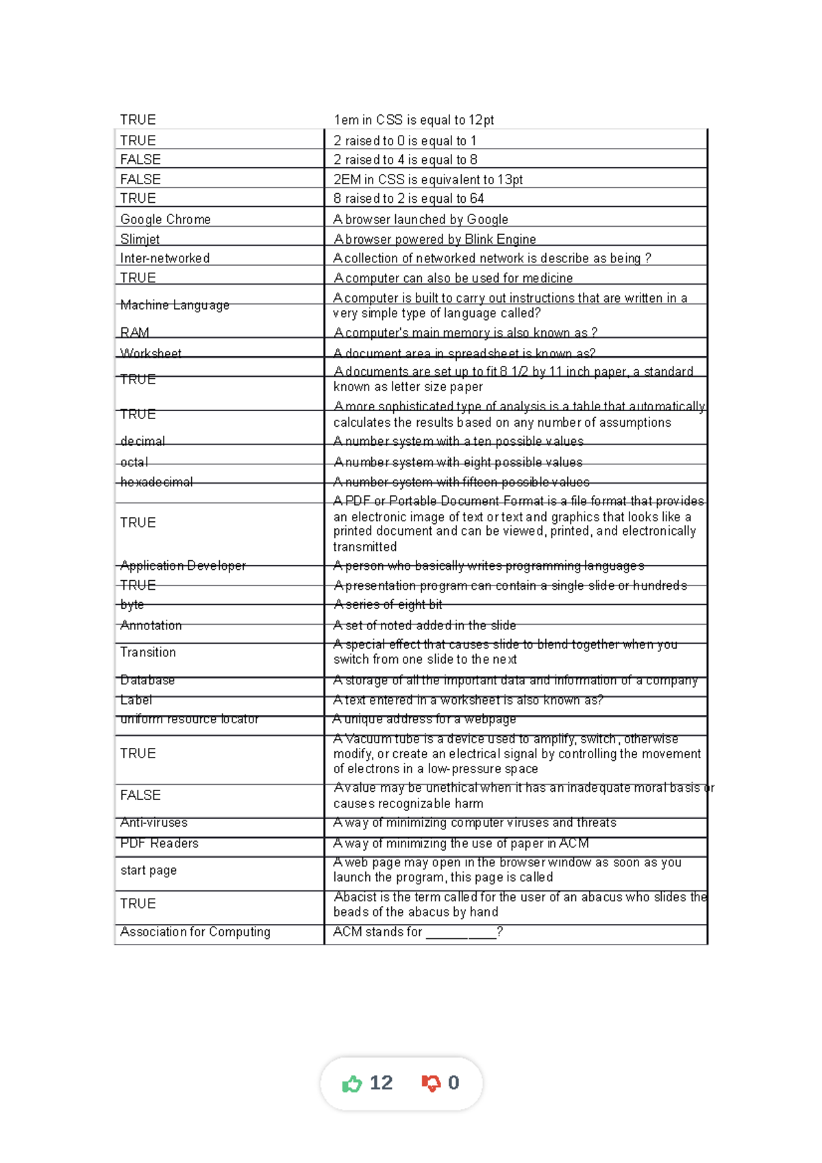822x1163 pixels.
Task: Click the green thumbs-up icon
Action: pyautogui.click(x=351, y=1084)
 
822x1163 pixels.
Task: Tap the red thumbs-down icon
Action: pyautogui.click(x=431, y=1084)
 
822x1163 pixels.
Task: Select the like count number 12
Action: pyautogui.click(x=381, y=1083)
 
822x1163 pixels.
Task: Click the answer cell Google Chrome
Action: pyautogui.click(x=165, y=219)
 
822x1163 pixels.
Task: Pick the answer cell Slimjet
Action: pyautogui.click(x=140, y=239)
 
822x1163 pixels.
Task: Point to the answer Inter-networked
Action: pyautogui.click(x=164, y=258)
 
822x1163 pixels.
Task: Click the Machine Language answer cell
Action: pyautogui.click(x=175, y=305)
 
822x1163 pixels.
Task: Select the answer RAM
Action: pyautogui.click(x=134, y=332)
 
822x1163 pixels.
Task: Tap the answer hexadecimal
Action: pyautogui.click(x=156, y=482)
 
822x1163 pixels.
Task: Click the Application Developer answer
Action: pyautogui.click(x=183, y=566)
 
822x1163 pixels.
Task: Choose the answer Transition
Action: pyautogui.click(x=148, y=652)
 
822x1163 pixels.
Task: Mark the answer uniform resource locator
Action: pyautogui.click(x=189, y=719)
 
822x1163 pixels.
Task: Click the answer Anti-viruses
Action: pyautogui.click(x=153, y=823)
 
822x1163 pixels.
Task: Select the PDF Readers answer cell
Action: pyautogui.click(x=159, y=843)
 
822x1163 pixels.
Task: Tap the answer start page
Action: pyautogui.click(x=148, y=871)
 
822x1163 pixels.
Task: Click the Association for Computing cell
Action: pyautogui.click(x=195, y=931)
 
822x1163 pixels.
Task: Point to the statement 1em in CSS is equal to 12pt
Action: pyautogui.click(x=413, y=120)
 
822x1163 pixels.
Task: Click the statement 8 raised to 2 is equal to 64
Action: pyautogui.click(x=408, y=199)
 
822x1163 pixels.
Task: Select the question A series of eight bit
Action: pyautogui.click(x=388, y=605)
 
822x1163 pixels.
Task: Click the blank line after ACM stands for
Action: pyautogui.click(x=460, y=933)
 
